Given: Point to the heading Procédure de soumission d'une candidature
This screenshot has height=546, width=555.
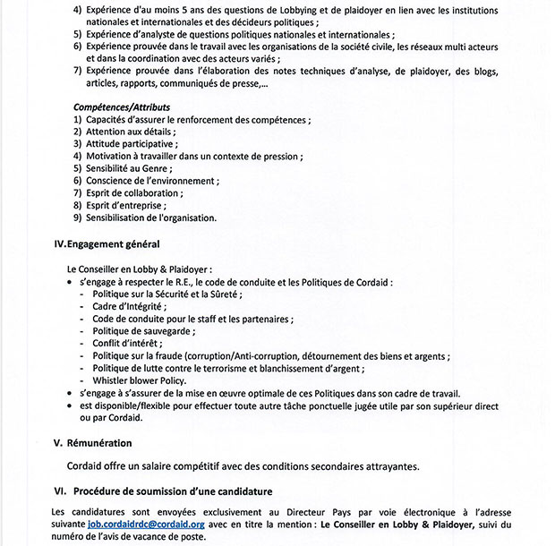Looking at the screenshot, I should click(x=174, y=491).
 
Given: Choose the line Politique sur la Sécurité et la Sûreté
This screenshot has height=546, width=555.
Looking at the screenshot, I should click(x=167, y=293).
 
